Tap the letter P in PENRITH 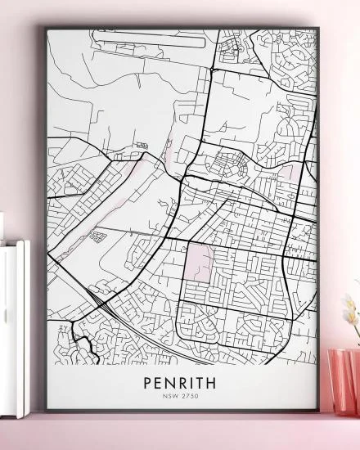pos(148,383)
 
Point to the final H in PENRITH pos(214,383)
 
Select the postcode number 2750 pos(191,397)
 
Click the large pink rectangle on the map pos(199,262)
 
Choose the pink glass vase pos(343,381)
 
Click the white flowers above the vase pos(351,315)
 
